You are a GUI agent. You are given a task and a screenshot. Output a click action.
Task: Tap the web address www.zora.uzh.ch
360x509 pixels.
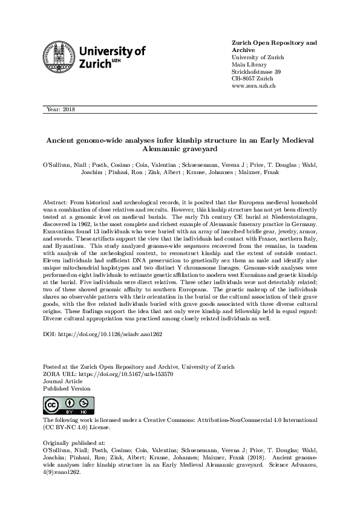(254, 86)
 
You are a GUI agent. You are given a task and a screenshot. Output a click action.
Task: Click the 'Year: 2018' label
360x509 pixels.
(60, 109)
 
